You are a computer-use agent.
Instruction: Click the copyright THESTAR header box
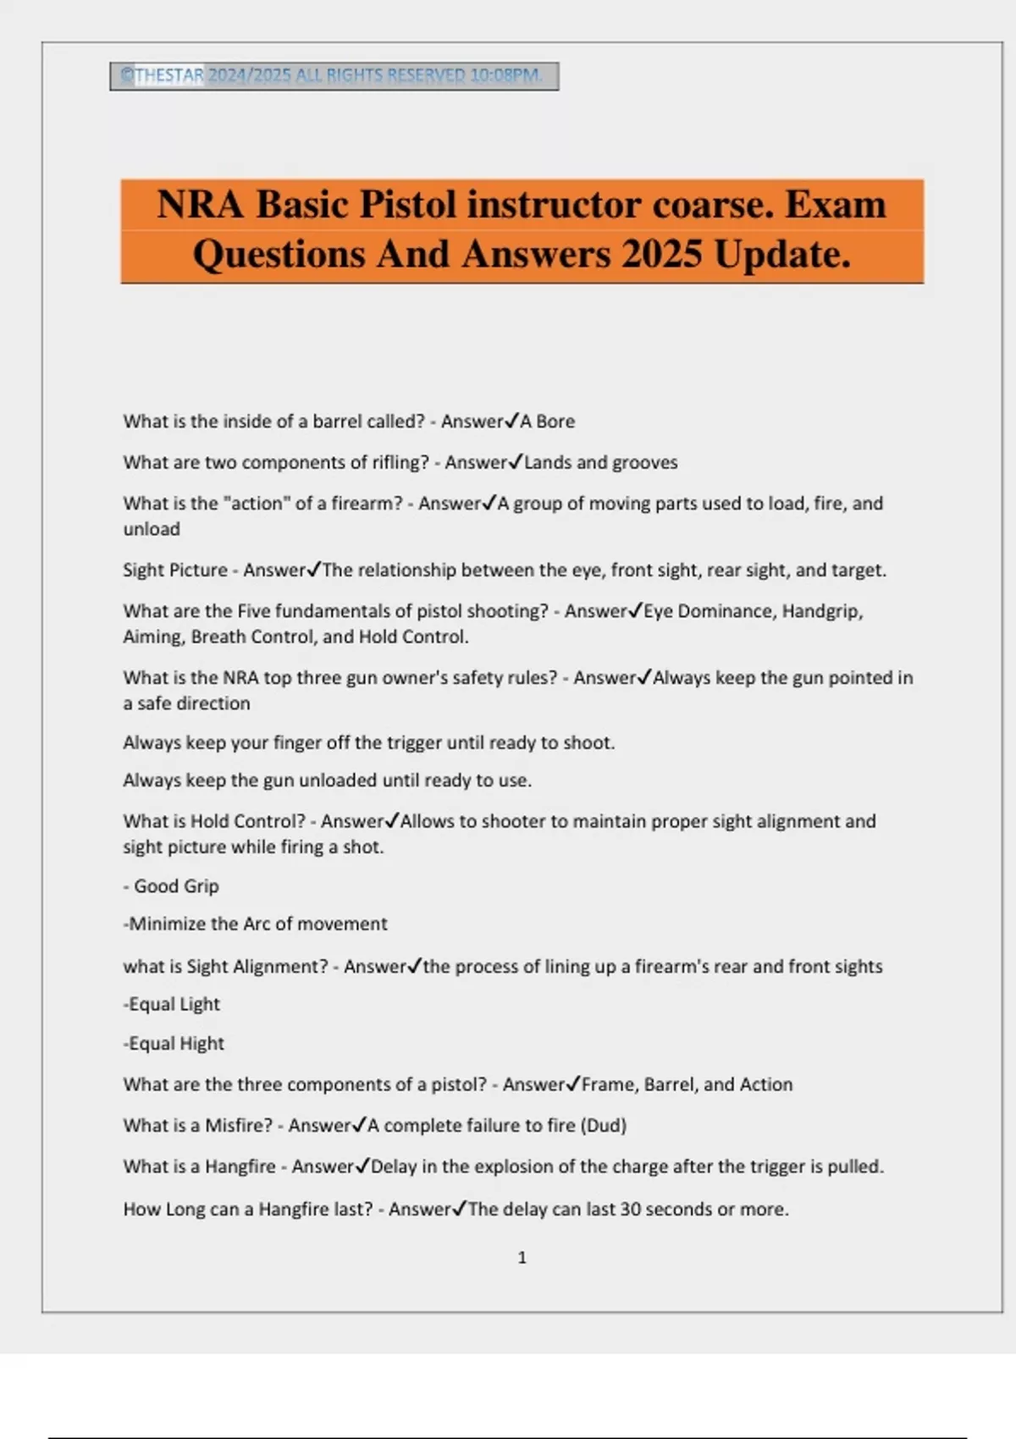click(x=334, y=76)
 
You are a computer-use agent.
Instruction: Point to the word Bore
click(x=555, y=422)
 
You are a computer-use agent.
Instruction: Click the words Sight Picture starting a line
click(x=175, y=571)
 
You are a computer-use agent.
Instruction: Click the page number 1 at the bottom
click(x=522, y=1258)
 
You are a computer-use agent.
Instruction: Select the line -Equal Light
click(x=172, y=1004)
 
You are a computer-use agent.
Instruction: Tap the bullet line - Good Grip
click(x=172, y=886)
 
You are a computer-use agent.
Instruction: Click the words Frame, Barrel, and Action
click(x=687, y=1084)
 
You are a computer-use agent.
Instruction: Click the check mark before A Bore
click(x=512, y=421)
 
